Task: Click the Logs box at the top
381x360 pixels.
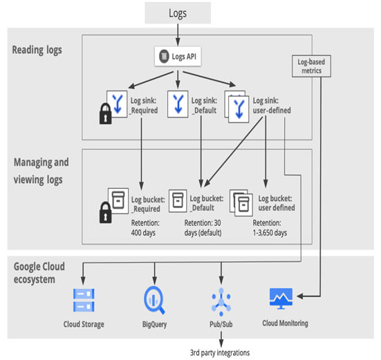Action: tap(178, 13)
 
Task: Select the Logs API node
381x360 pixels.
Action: tap(178, 57)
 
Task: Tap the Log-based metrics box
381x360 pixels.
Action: tap(311, 66)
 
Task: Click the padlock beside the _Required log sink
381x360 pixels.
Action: tap(106, 113)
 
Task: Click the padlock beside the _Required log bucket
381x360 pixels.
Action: tap(106, 212)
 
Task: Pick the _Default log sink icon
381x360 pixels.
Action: tap(178, 104)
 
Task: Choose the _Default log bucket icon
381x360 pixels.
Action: tap(178, 201)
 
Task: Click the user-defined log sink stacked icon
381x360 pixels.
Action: tap(236, 107)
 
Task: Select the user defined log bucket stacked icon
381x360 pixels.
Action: tap(241, 202)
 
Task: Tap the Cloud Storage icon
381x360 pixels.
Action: tap(84, 301)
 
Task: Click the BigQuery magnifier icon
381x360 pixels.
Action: tap(154, 301)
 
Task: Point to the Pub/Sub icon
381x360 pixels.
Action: tap(221, 302)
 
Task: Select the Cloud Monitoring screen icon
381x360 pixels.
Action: tap(281, 299)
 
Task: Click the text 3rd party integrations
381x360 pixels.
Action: tap(220, 352)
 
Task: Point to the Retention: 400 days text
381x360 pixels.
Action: tap(145, 228)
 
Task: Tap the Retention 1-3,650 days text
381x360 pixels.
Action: tap(270, 228)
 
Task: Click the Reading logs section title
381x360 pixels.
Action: tap(37, 50)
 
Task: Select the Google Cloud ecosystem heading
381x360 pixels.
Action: tap(39, 273)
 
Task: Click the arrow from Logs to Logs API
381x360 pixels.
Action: tap(178, 35)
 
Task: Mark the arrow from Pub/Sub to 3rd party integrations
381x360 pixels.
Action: tap(221, 339)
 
